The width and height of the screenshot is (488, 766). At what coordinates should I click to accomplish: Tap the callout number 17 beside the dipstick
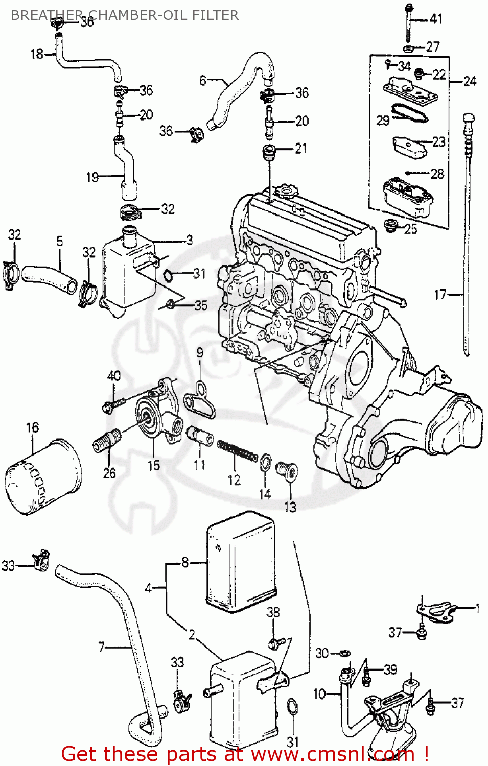440,295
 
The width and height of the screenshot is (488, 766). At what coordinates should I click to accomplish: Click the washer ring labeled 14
266,462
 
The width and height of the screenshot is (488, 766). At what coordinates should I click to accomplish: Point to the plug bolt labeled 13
287,470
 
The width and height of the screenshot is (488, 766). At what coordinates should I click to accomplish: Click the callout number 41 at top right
436,19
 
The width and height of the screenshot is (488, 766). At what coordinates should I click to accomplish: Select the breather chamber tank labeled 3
128,271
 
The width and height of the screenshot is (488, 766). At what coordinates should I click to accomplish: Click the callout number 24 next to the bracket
470,81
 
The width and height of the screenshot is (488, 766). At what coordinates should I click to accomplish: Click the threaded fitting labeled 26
107,441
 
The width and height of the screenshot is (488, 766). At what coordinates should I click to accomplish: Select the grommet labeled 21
269,152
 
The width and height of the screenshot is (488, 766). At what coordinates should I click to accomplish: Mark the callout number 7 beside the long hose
102,647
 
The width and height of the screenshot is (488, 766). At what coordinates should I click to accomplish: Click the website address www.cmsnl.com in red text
333,754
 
